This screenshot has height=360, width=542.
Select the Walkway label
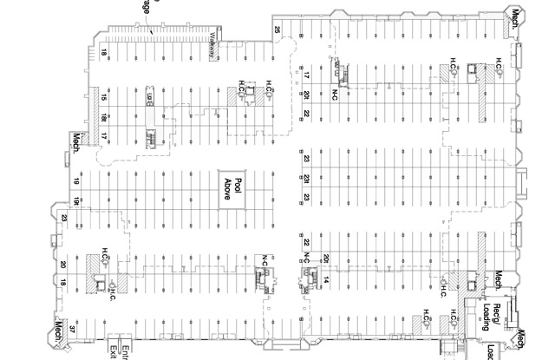tap(212, 45)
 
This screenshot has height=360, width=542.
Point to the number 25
tap(278, 30)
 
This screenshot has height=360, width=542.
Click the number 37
tap(73, 330)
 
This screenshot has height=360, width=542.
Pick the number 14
tap(328, 278)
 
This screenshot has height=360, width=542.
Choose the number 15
tap(102, 97)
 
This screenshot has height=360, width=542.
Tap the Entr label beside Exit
tap(125, 350)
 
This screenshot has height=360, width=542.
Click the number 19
tap(76, 180)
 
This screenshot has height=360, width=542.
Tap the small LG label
tap(149, 98)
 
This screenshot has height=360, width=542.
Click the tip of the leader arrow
tap(152, 33)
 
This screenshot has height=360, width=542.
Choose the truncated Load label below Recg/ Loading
tap(491, 352)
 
